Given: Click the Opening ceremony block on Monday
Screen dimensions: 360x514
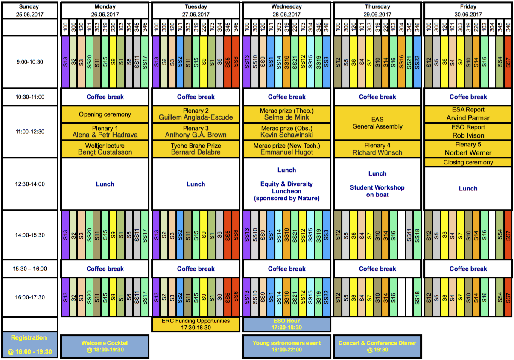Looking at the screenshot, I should [105, 114].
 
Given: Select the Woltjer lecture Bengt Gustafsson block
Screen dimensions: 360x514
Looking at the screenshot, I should [105, 149].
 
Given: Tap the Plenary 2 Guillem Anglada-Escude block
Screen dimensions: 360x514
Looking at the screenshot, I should [196, 114].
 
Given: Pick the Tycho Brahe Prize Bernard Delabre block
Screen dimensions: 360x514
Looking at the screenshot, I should [196, 149].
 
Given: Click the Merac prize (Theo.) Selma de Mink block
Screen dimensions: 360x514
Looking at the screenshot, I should [286, 114].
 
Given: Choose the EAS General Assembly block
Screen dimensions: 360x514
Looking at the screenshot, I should [377, 123].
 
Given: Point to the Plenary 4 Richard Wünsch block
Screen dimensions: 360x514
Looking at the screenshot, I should [377, 149].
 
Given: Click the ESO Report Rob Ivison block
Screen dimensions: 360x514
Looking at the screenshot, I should [468, 132].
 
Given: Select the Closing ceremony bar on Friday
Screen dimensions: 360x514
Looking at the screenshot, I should [468, 162].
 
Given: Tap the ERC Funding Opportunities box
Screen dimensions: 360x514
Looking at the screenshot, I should [196, 324].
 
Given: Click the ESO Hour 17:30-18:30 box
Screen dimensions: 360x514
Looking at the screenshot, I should [286, 324].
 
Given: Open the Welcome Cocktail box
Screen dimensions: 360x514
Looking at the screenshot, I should [105, 346].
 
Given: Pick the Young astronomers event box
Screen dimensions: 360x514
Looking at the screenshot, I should [286, 346].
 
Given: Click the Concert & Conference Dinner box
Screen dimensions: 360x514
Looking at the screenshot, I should [377, 346].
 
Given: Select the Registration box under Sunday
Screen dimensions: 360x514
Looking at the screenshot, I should [29, 345].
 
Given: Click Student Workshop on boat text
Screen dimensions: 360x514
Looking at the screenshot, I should [377, 191].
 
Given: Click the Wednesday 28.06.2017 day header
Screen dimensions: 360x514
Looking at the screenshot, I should [286, 10].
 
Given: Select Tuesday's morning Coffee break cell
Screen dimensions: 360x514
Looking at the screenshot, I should [196, 97].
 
